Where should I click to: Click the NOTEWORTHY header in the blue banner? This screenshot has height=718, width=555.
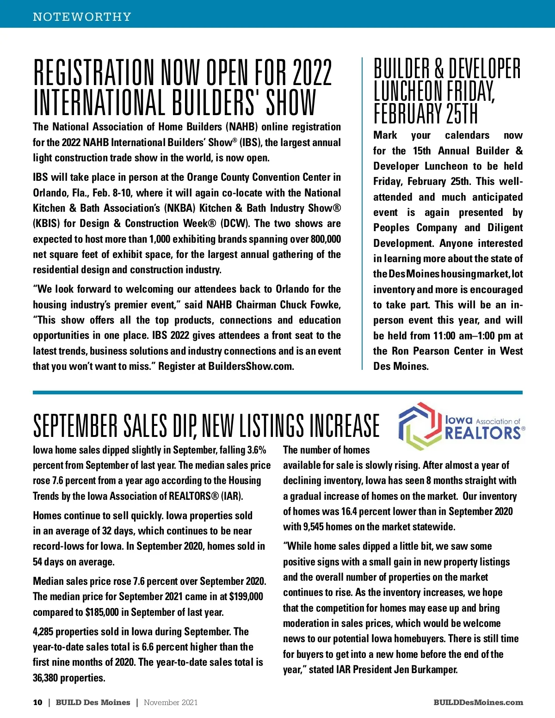[x=82, y=17]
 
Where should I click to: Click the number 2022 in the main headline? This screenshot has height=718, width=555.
[x=312, y=73]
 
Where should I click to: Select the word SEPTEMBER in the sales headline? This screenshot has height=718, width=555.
[x=75, y=426]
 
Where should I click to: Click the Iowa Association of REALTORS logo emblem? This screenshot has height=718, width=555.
[x=418, y=426]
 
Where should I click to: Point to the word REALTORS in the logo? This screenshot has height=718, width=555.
[x=483, y=433]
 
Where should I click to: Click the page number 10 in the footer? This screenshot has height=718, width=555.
[x=37, y=702]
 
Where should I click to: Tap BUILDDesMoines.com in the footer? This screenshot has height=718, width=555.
[x=478, y=702]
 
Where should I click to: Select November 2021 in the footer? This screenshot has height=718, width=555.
[x=171, y=702]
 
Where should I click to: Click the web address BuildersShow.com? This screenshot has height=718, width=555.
[x=251, y=366]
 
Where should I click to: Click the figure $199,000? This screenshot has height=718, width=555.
[x=246, y=596]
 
